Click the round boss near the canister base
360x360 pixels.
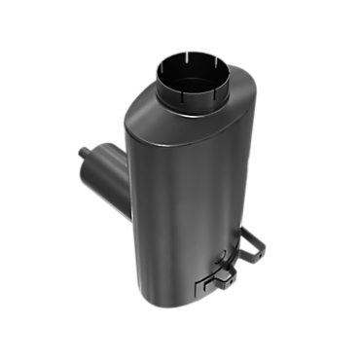(220, 260)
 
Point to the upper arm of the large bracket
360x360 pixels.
(255, 234)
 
